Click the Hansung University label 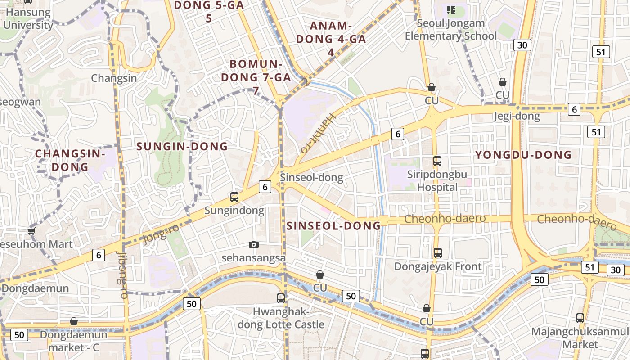[x=28, y=18]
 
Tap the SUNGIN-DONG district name [x=182, y=146]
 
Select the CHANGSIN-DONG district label [x=70, y=160]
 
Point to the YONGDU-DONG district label [x=523, y=155]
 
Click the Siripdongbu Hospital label [x=437, y=180]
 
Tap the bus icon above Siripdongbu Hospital [x=437, y=161]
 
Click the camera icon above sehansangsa [x=254, y=244]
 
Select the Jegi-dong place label [x=516, y=117]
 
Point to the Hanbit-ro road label [x=318, y=133]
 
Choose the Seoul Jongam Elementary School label [x=451, y=30]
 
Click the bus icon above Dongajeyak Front [x=437, y=253]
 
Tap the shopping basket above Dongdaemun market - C [x=74, y=321]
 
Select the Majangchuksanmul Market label [x=580, y=338]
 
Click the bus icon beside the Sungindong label [x=234, y=197]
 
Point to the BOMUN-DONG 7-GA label [x=256, y=77]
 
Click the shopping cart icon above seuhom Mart [x=31, y=231]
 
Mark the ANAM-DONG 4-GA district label [x=331, y=39]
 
